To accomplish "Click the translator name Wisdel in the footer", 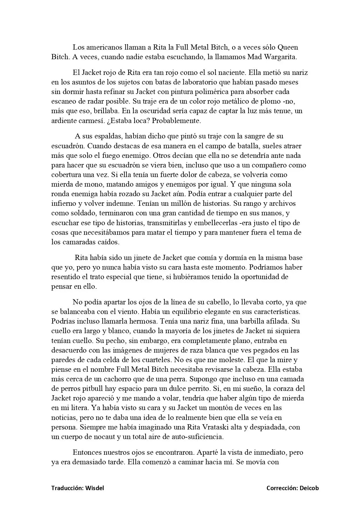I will coord(95,488).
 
